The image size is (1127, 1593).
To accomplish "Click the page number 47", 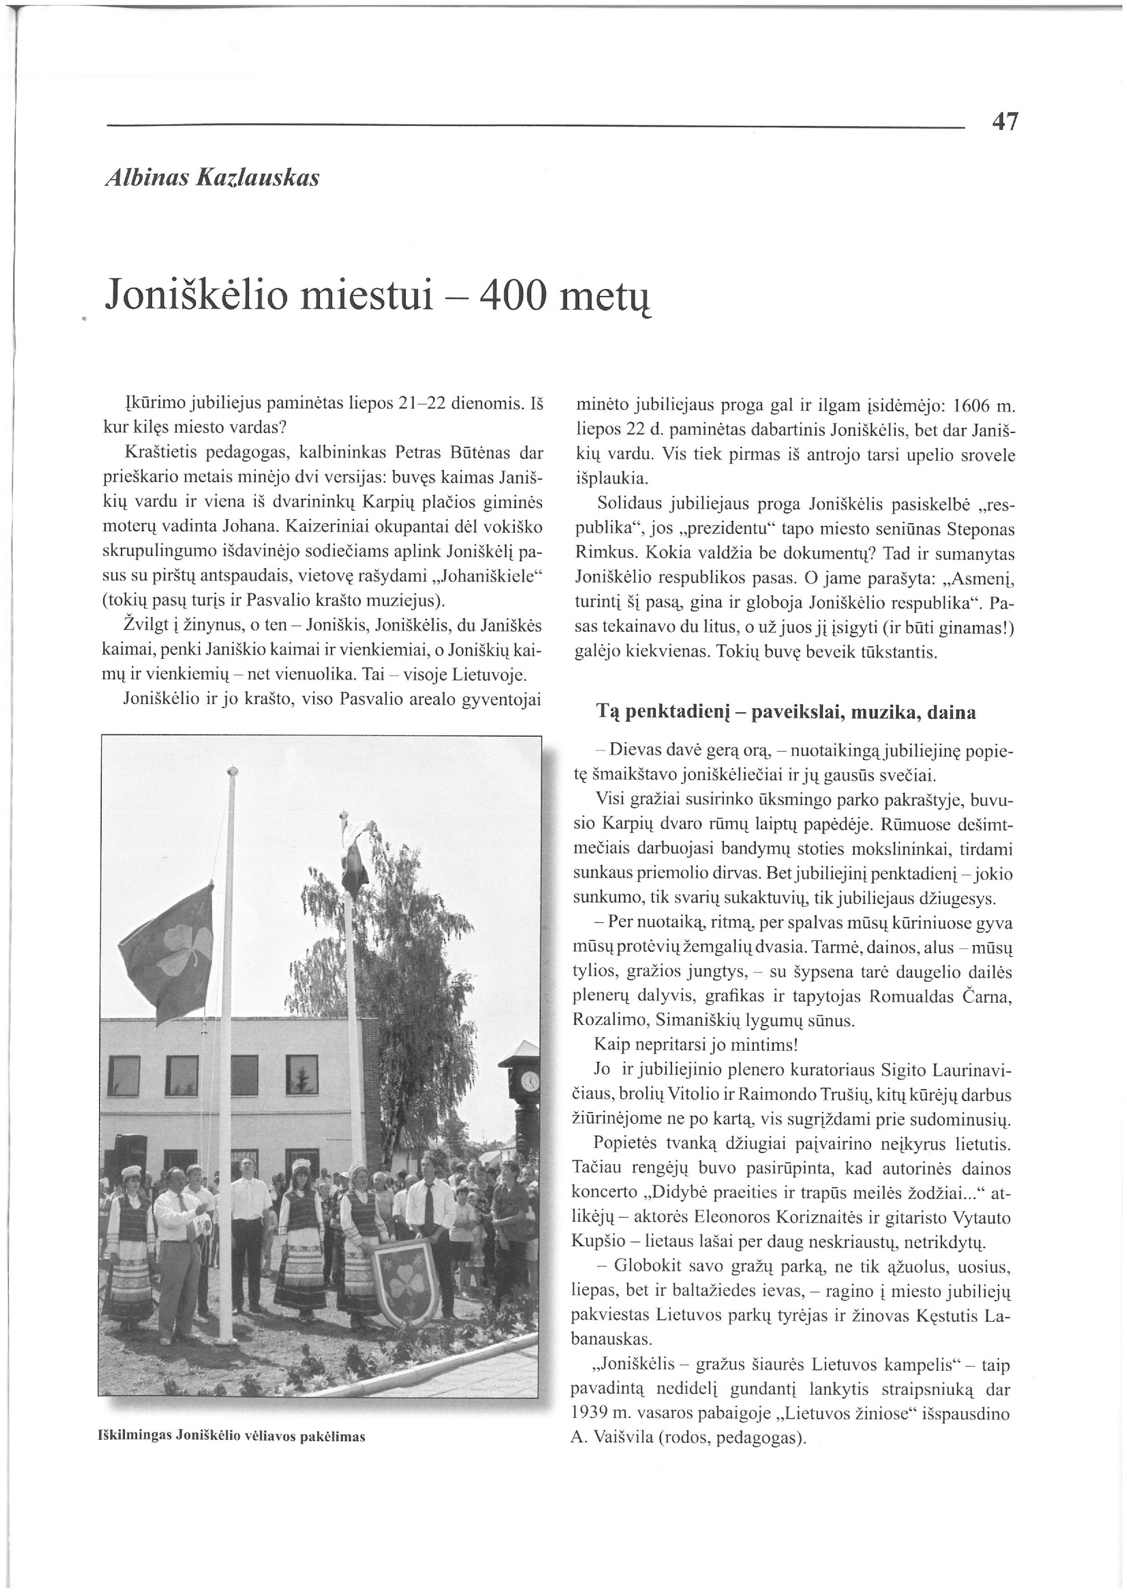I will pos(1005,122).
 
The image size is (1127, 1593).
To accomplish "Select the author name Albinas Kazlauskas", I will pos(212,178).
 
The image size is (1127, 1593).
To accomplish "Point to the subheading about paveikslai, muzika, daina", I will pos(786,712).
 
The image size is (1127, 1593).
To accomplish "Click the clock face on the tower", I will pos(529,1081).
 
